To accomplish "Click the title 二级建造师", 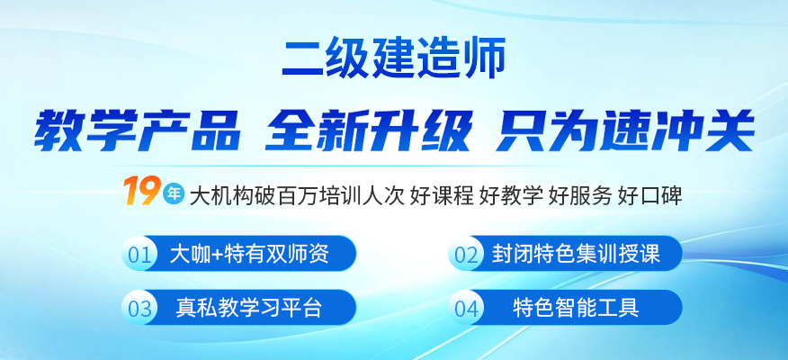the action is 393,59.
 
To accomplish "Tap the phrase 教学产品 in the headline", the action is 136,130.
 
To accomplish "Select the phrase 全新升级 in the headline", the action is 368,130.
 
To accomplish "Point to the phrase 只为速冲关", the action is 624,130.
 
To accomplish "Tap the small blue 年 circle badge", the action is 174,194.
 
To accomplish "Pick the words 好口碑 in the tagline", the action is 650,195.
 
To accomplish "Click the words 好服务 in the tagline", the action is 581,195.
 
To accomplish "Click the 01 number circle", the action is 139,254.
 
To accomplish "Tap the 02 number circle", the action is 466,254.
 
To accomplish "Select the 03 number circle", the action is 139,308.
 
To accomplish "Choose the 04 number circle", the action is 466,308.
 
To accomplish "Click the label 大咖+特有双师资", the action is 249,254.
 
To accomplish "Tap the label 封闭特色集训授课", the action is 576,254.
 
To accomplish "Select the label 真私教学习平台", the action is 249,307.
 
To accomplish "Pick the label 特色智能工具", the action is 576,307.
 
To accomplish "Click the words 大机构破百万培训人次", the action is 297,195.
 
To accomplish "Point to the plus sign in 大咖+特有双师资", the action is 217,255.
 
